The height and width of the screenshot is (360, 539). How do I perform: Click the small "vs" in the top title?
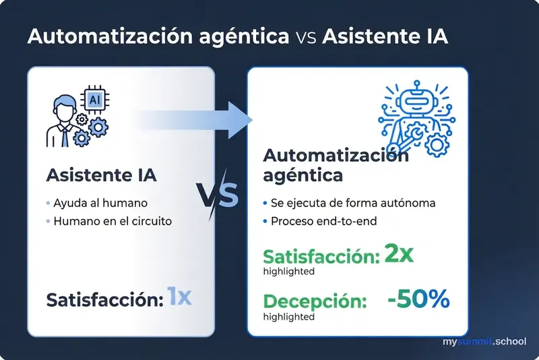tap(306, 37)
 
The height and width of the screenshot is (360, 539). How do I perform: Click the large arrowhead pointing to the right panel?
tap(238, 121)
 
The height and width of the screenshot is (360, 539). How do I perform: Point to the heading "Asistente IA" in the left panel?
tap(101, 175)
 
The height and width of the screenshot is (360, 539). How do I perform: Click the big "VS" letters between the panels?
tap(218, 195)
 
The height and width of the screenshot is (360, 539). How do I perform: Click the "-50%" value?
tap(418, 299)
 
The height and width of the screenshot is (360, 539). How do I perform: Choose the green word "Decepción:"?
tap(315, 302)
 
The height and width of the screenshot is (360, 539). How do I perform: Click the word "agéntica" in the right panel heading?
tap(303, 176)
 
